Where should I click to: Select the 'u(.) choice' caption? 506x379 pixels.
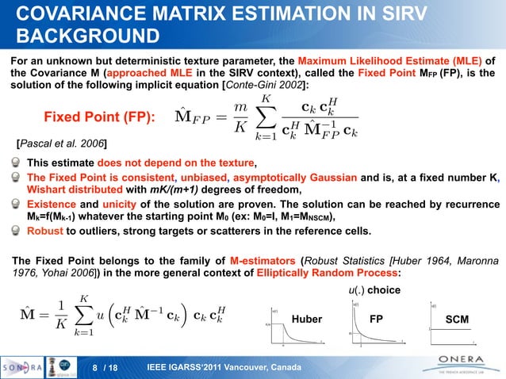(375, 289)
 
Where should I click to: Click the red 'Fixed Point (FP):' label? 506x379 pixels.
(99, 117)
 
